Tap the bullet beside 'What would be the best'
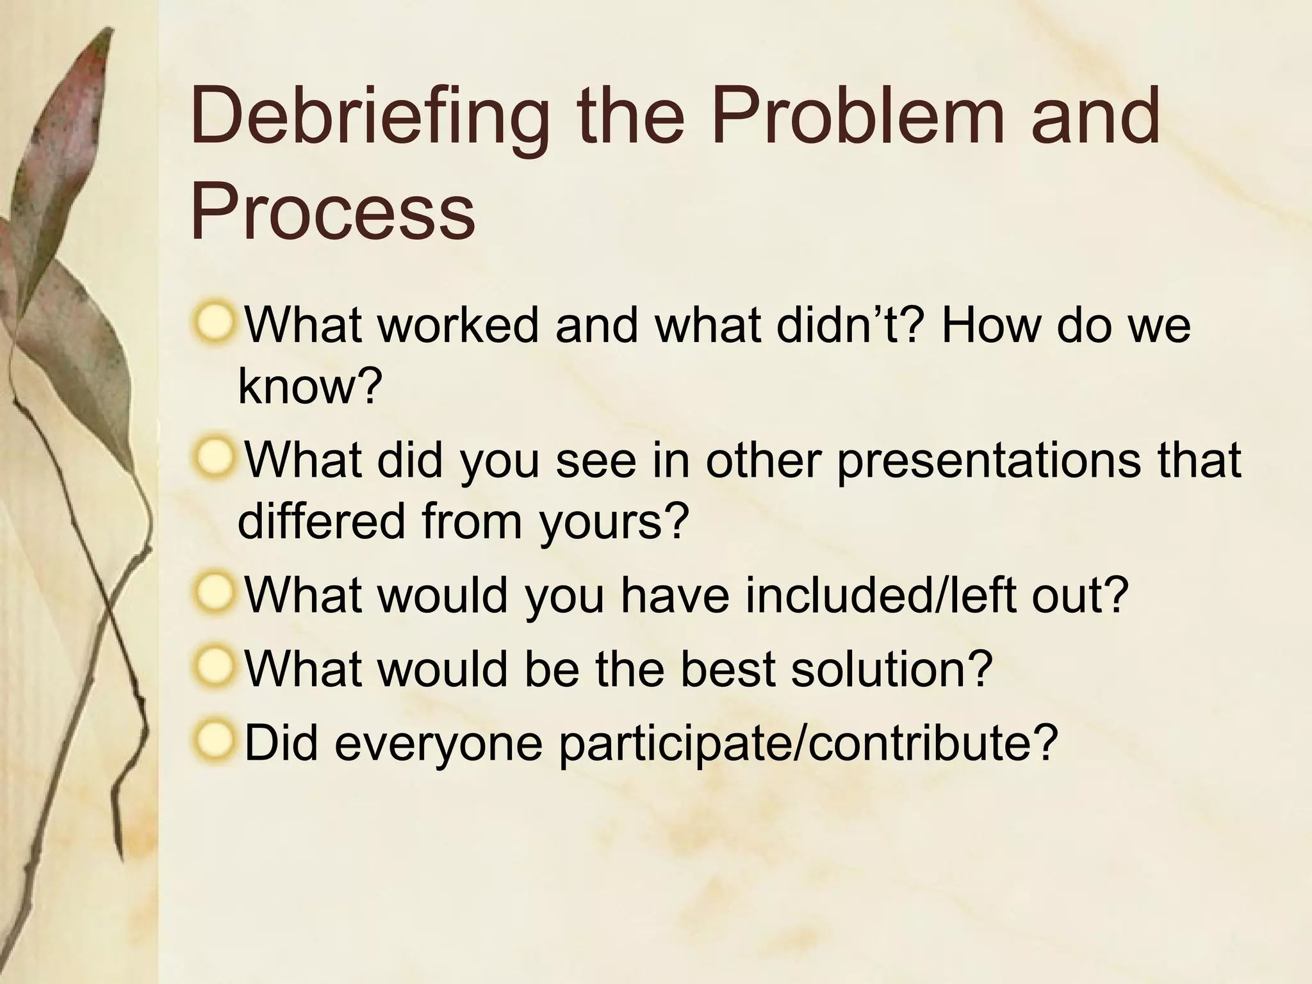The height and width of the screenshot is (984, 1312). [213, 667]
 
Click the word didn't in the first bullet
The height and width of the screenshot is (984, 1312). [851, 325]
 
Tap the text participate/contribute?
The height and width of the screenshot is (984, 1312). [808, 743]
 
